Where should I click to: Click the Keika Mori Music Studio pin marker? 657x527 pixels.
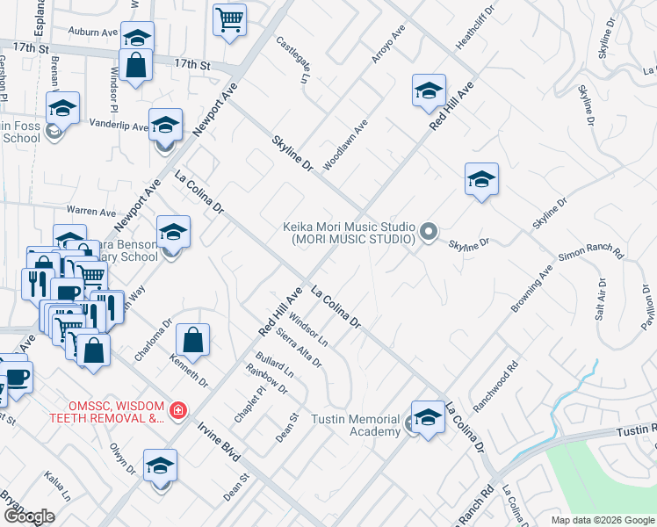click(429, 232)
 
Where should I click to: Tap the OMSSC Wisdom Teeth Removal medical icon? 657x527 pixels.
click(178, 410)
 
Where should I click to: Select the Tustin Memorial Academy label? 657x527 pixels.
click(356, 425)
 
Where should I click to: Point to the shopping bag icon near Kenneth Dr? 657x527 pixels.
click(192, 341)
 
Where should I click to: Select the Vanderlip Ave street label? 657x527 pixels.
click(119, 126)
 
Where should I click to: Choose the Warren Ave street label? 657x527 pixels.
click(91, 212)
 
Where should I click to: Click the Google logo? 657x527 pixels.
click(29, 516)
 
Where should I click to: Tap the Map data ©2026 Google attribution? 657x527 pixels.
click(602, 520)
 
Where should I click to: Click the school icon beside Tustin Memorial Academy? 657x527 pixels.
click(428, 418)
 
